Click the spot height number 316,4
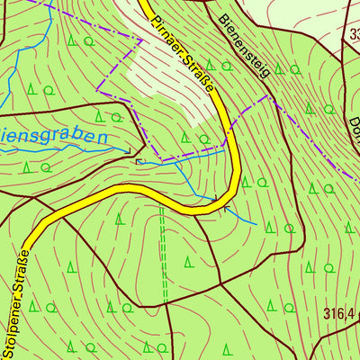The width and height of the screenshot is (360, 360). tap(340, 313)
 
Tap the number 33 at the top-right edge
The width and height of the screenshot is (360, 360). tap(353, 35)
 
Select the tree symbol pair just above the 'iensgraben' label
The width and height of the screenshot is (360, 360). tap(109, 117)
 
